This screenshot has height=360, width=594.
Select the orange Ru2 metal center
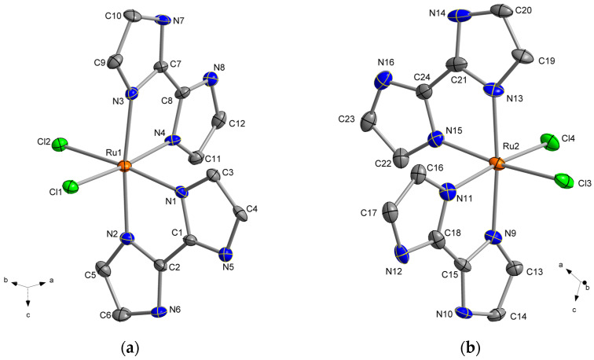click(x=496, y=163)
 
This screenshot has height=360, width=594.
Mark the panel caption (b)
click(x=473, y=345)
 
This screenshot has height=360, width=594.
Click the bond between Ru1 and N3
click(x=128, y=130)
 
